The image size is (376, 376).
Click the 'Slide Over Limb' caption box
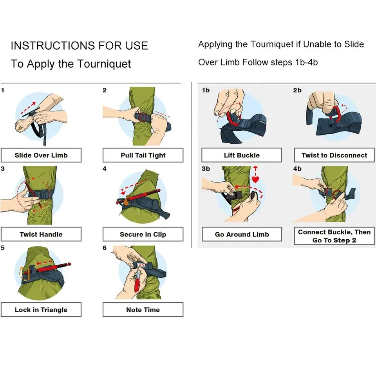coord(41,155)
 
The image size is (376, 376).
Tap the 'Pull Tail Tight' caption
coord(143,155)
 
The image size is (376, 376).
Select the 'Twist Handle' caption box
coord(41,234)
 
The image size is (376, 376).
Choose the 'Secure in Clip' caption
coord(143,234)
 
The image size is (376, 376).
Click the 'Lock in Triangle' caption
coord(41,309)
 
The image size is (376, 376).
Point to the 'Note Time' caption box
coord(143,309)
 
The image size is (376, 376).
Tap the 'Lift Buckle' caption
coord(242,155)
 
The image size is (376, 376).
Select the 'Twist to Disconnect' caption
coord(334,155)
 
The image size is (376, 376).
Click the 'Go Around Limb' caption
coord(242,235)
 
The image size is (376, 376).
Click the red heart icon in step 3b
coord(256,179)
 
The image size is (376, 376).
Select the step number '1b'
coord(206,90)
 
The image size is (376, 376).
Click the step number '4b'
coord(297,169)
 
